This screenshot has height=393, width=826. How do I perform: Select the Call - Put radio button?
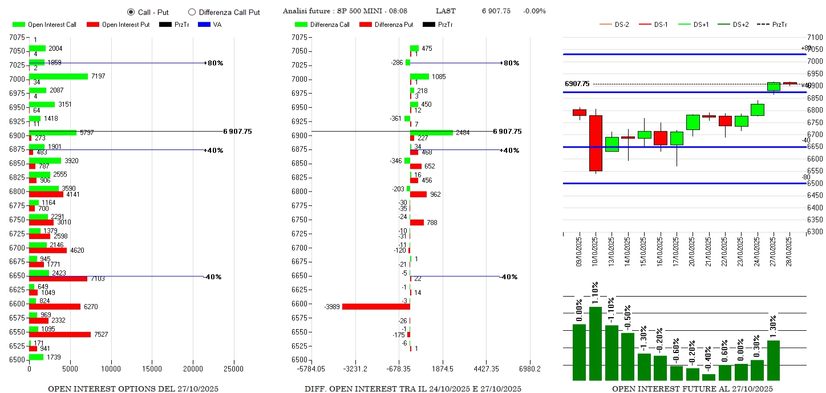point(131,12)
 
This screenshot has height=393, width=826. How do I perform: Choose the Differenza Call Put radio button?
point(192,12)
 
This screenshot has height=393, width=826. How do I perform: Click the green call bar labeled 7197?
point(59,76)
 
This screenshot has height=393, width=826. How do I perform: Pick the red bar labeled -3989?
point(376,306)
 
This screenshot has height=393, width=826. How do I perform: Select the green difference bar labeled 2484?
point(431,132)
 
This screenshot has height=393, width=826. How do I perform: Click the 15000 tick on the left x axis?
point(152,369)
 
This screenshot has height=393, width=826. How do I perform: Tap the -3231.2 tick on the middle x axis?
point(355,369)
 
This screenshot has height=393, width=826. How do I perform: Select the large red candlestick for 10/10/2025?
point(596,143)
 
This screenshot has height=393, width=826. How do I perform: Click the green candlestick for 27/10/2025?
point(774,86)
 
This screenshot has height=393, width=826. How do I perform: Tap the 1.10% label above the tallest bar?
point(595,293)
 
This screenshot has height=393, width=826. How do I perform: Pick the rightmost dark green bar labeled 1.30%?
point(774,360)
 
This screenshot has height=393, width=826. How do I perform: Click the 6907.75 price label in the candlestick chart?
point(577,84)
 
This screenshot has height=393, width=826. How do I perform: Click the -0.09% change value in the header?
point(534,11)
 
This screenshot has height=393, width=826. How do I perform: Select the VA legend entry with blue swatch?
point(216,25)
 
